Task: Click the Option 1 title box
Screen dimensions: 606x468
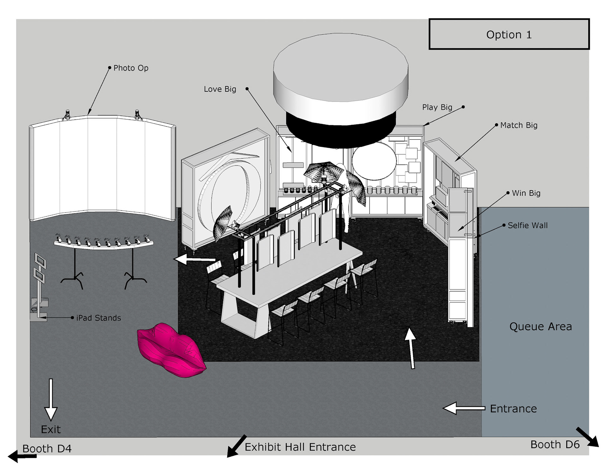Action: tap(509, 34)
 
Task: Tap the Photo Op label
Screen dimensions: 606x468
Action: tap(131, 68)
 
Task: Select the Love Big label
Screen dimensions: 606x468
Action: tap(220, 89)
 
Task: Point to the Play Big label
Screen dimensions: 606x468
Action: tap(437, 107)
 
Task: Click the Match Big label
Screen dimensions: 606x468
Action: tap(519, 125)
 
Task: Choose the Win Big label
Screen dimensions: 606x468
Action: tap(526, 193)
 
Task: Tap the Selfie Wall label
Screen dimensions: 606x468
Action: tap(527, 225)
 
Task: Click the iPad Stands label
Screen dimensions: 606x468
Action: tap(98, 318)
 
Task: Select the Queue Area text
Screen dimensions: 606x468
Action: tap(540, 327)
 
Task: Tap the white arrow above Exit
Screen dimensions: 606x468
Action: tap(51, 400)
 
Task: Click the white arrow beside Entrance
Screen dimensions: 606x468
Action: tap(464, 408)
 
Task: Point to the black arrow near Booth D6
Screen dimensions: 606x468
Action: tap(587, 437)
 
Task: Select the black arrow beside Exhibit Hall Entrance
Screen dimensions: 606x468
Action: tap(237, 446)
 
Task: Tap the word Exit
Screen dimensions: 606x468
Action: tap(50, 429)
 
